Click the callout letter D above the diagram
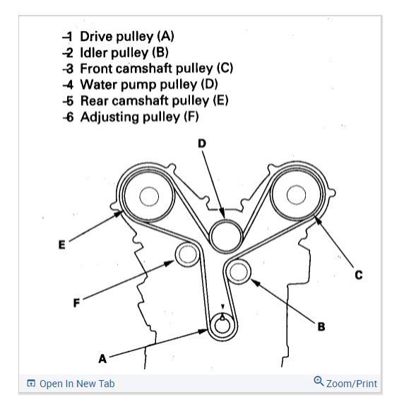[202, 143]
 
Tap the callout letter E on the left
[62, 244]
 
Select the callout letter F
[76, 302]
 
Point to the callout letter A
[102, 358]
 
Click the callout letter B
[321, 326]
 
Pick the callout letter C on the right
[358, 275]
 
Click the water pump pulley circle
[226, 236]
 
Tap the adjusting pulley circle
[187, 254]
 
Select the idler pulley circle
[238, 272]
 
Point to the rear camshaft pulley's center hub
[149, 196]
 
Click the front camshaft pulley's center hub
[297, 195]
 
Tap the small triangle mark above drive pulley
[223, 307]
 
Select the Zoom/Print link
[352, 384]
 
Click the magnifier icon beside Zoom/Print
[319, 381]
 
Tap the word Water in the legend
[99, 85]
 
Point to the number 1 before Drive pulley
[68, 37]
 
